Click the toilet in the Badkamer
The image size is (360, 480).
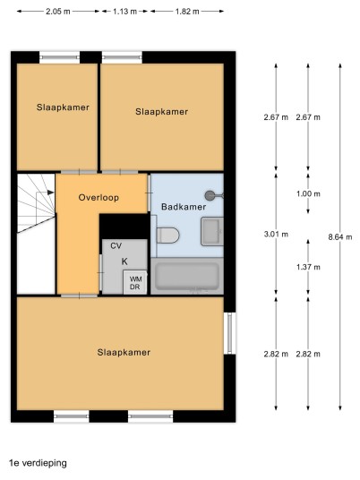point(167,236)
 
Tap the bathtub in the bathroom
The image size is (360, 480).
point(187,277)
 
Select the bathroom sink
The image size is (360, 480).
point(212,232)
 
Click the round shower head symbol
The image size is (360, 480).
point(210,195)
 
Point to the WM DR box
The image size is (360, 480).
point(135,282)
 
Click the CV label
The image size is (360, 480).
point(116,245)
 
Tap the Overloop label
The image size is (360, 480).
point(99,197)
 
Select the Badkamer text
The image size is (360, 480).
point(184,207)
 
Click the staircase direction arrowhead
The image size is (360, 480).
point(51,193)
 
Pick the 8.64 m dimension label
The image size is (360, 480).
point(340,237)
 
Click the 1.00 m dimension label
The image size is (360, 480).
point(308,193)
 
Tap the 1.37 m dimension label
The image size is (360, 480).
point(308,267)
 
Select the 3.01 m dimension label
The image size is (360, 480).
point(276,235)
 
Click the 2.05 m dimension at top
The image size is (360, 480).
point(58,12)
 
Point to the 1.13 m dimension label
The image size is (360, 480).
point(124,12)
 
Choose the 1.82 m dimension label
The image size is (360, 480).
point(187,12)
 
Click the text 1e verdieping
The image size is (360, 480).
point(38,463)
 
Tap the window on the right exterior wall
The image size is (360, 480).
point(230,333)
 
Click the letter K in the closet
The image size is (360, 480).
point(124,261)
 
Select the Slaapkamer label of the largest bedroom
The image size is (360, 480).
point(124,352)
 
